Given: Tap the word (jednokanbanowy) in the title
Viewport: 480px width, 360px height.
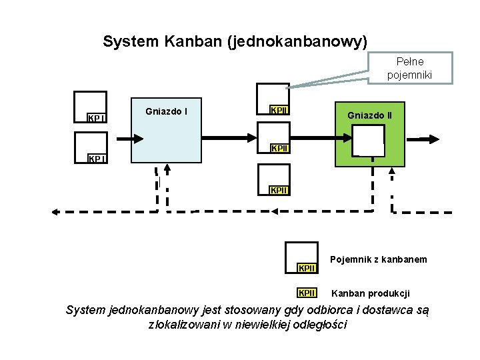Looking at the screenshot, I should point(297,42).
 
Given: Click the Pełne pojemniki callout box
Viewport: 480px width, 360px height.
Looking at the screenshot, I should point(409,69).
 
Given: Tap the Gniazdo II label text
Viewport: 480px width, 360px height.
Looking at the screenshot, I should point(369,115).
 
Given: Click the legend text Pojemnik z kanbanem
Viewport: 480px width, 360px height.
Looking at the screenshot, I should point(378,259).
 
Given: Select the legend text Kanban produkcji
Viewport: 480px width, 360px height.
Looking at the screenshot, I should point(371,293).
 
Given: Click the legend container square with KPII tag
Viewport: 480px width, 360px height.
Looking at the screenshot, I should point(301,257).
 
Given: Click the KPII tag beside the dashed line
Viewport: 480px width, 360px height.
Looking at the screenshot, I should point(279,191).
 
